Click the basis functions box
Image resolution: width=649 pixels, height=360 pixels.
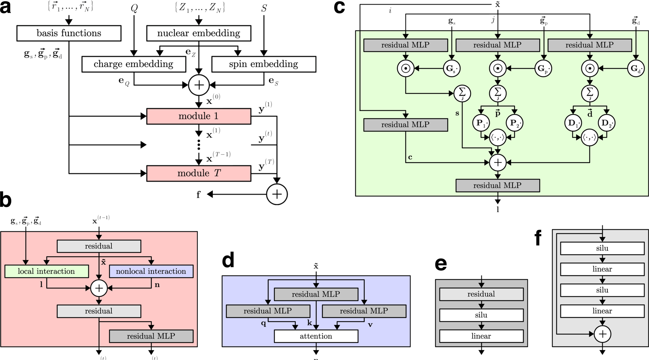click(69, 33)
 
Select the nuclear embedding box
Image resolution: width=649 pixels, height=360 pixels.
click(199, 33)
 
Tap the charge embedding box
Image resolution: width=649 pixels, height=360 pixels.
click(134, 64)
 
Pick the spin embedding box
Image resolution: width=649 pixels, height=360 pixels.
click(264, 64)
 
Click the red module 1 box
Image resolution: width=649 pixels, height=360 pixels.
click(199, 116)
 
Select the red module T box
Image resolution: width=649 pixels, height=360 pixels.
click(199, 173)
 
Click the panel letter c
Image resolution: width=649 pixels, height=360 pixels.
click(339, 7)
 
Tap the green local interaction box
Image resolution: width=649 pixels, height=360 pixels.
click(46, 271)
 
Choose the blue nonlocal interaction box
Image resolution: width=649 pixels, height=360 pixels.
click(151, 271)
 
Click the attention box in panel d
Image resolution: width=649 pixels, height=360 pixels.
click(316, 336)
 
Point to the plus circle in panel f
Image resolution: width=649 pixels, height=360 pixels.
click(602, 334)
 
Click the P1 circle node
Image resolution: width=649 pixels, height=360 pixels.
click(481, 123)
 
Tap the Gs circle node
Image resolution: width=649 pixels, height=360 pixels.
click(452, 68)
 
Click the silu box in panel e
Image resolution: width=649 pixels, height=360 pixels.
click(481, 315)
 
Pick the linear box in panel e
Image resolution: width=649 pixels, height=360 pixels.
click(481, 336)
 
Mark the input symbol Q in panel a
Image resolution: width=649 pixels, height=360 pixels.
click(134, 8)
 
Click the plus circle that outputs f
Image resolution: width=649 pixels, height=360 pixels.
click(277, 194)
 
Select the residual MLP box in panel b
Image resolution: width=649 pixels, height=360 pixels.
click(151, 336)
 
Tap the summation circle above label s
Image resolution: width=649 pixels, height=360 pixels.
click(462, 93)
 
